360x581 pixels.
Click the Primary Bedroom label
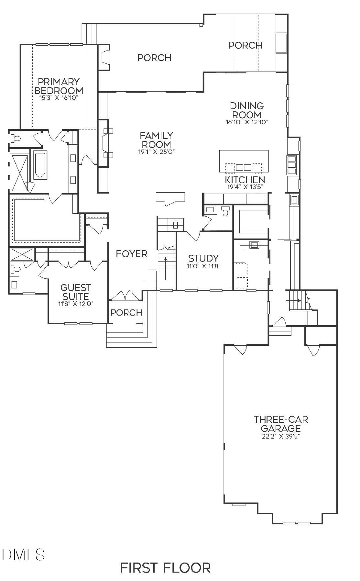point(59,86)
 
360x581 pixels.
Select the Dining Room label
point(247,110)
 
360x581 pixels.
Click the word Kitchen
point(245,180)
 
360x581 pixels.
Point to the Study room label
point(203,258)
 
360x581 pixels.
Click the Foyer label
point(132,254)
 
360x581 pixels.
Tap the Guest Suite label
point(76,292)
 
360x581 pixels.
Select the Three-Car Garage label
point(281,424)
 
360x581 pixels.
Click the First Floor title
point(165,567)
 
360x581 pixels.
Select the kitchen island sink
point(244,167)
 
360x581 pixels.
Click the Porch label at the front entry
point(126,312)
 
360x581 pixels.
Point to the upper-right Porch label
point(245,45)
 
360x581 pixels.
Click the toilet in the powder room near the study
point(225,211)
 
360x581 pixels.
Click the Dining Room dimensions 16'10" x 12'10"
point(247,122)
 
